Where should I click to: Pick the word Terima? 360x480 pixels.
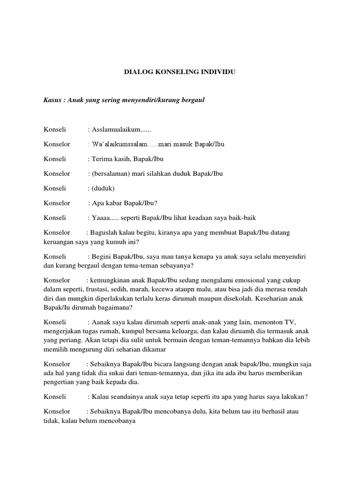[102, 159]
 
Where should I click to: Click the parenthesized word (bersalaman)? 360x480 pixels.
[110, 173]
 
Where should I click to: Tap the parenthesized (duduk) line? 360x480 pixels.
[101, 188]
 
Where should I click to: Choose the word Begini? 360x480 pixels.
[102, 257]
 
